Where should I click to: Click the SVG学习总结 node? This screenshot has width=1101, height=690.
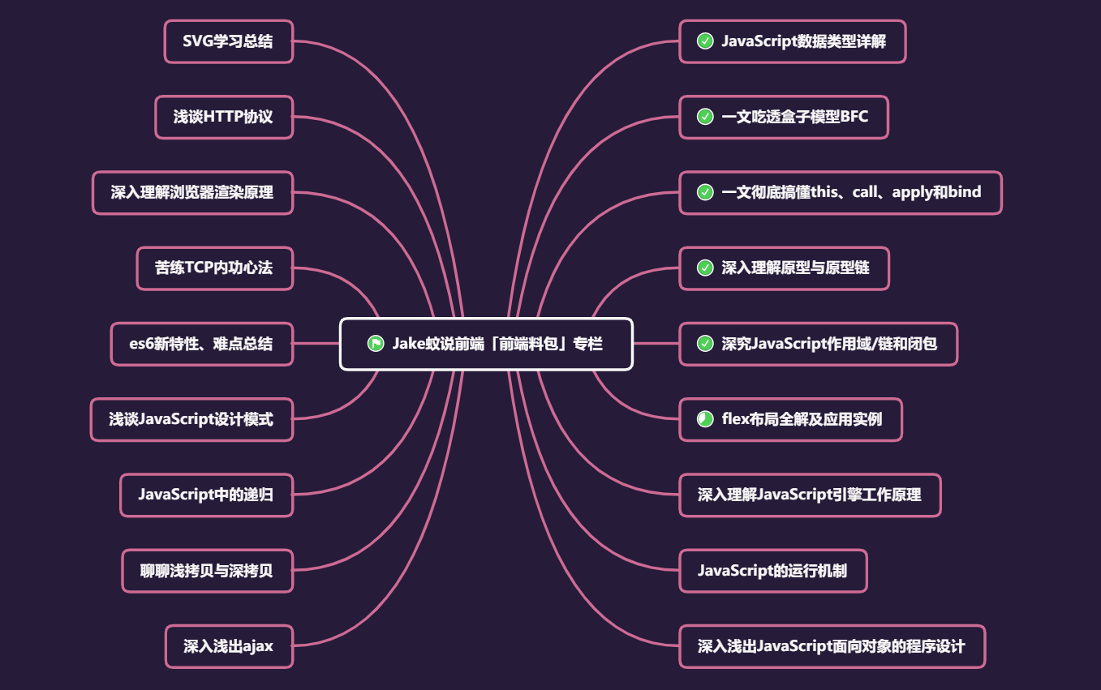(x=228, y=41)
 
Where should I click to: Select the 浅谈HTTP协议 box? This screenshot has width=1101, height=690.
(x=223, y=117)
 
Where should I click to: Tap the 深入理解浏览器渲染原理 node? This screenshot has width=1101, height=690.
(x=192, y=192)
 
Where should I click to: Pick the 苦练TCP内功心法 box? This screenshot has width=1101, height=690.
(x=214, y=268)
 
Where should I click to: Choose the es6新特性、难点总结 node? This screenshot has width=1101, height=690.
(x=201, y=343)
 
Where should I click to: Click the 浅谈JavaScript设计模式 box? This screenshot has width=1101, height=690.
(x=191, y=419)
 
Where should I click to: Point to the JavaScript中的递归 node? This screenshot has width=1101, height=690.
(x=206, y=495)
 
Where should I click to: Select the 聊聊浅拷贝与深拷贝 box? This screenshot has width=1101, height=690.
(x=207, y=571)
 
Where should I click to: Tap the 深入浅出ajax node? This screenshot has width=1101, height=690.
(x=229, y=646)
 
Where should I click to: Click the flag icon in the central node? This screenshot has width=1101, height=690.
(x=375, y=343)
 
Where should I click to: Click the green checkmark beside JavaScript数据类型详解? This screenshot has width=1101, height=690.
(x=705, y=41)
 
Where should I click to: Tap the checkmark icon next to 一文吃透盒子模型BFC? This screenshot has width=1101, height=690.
(x=705, y=117)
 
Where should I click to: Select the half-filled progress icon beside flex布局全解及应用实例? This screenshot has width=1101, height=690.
(x=705, y=419)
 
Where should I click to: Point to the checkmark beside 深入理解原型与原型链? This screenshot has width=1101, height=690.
(x=705, y=268)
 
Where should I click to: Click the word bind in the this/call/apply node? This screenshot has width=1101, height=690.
(x=964, y=192)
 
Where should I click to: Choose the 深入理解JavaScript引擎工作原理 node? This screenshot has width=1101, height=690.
(x=810, y=495)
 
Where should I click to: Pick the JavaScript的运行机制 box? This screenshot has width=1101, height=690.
(x=772, y=571)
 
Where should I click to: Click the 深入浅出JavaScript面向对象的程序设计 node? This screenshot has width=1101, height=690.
(x=832, y=646)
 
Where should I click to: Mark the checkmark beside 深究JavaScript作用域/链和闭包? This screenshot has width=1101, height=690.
(x=705, y=343)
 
